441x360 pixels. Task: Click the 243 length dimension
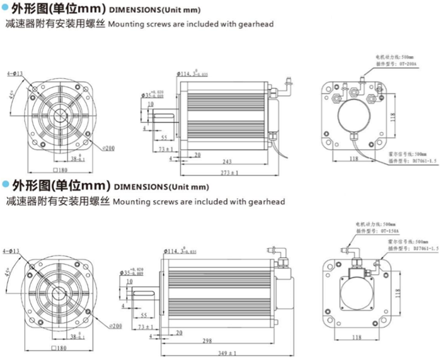[227, 162]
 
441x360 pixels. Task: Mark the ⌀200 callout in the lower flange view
[115, 326]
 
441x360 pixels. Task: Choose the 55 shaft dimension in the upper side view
[163, 137]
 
